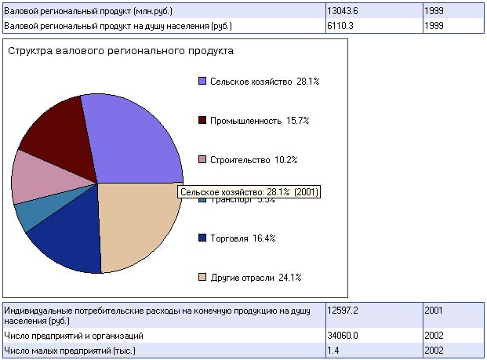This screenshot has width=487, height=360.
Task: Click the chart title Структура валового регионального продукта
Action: (120, 51)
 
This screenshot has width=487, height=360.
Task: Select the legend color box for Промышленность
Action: (202, 121)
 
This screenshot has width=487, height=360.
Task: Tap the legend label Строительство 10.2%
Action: (255, 160)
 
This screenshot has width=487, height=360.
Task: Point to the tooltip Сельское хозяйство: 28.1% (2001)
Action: (249, 191)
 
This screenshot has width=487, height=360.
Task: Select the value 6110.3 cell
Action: (341, 26)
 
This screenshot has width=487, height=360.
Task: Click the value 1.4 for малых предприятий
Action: (333, 350)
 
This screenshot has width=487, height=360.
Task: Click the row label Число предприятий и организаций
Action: (74, 335)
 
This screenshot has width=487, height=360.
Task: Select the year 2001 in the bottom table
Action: (434, 310)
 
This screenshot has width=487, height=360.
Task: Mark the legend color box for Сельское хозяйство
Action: (202, 82)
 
